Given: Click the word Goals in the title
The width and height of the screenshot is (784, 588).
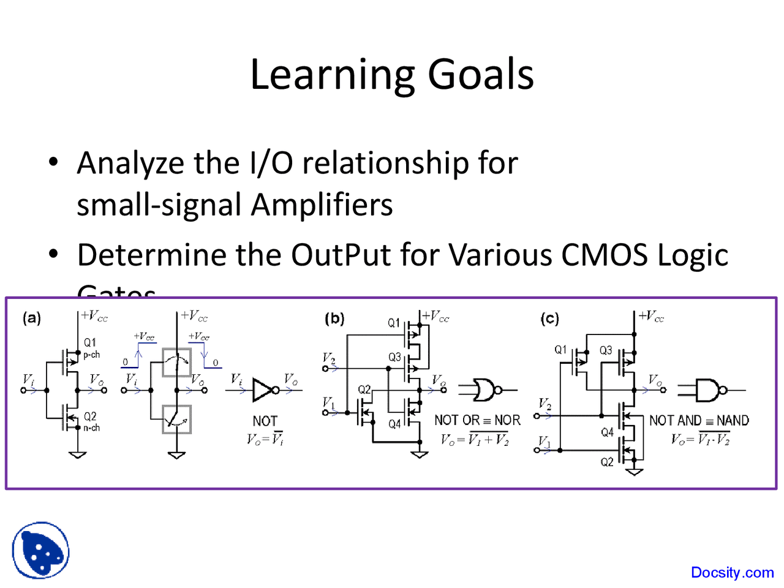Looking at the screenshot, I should point(480,75).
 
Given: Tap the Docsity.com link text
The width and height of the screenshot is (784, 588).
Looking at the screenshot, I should point(732,573).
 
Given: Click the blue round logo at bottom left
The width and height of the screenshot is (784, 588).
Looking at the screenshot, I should point(40,551).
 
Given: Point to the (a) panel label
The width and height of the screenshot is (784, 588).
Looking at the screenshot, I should point(32,318).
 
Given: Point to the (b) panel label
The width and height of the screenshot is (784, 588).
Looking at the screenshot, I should point(334,318).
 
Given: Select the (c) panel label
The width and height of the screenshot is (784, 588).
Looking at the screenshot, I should point(549,318).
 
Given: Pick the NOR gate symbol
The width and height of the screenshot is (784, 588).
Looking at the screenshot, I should point(483,390).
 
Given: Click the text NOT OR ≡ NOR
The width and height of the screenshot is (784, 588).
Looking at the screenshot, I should point(477,420).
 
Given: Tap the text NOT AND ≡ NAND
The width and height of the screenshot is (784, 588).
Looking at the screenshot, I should point(699,420).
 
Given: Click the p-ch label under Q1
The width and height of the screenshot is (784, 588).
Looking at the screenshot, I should point(91,355).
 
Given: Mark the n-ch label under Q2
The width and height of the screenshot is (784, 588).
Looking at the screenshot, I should point(91,428).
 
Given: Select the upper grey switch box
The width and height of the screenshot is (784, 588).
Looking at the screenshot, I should point(176,363).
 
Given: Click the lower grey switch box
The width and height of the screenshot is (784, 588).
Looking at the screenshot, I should point(176,420).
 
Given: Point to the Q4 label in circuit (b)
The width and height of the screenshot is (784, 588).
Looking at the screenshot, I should point(394,423).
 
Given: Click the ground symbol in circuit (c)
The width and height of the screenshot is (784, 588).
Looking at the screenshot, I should point(635,471).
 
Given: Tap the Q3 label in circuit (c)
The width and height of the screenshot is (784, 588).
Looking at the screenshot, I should point(605,350).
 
